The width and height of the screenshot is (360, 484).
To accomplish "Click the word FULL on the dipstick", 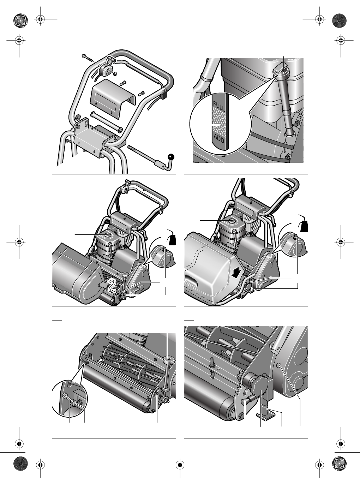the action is pyautogui.click(x=219, y=106).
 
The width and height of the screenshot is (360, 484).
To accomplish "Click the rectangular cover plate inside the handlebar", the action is pyautogui.click(x=113, y=100).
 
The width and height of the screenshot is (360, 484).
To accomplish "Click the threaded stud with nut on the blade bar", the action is pyautogui.click(x=213, y=363).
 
